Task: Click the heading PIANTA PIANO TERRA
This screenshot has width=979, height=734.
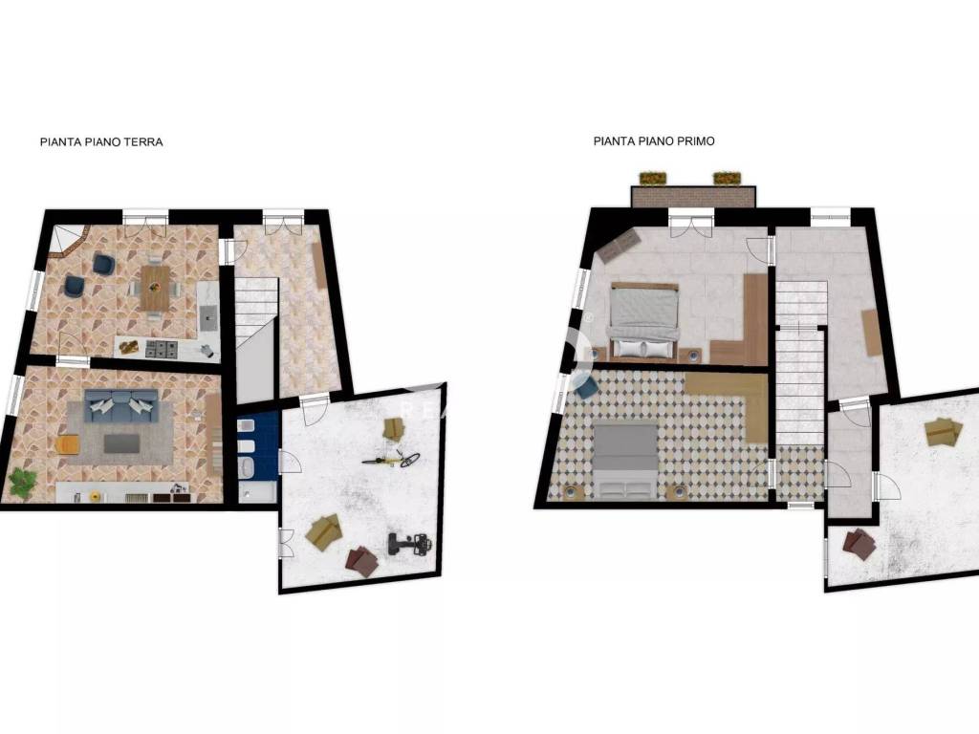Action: click(101, 142)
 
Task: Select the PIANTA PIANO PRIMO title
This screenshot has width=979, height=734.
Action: click(654, 141)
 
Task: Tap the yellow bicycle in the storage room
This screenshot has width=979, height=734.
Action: click(391, 460)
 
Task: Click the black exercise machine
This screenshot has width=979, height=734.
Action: click(409, 543)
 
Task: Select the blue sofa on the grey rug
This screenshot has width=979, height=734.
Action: click(120, 404)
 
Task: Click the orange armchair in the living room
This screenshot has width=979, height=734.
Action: click(68, 444)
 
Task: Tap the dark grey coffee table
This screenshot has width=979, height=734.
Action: click(121, 443)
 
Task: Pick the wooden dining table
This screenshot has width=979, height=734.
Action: click(155, 288)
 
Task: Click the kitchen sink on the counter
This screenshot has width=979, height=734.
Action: click(207, 317)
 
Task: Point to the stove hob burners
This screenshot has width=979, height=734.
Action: click(161, 349)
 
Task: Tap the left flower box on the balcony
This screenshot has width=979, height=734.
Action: click(653, 179)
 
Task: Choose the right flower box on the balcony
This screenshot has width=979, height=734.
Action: click(728, 179)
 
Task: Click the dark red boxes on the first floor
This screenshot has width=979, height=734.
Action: click(859, 544)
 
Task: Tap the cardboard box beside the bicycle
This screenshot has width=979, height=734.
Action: click(393, 429)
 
